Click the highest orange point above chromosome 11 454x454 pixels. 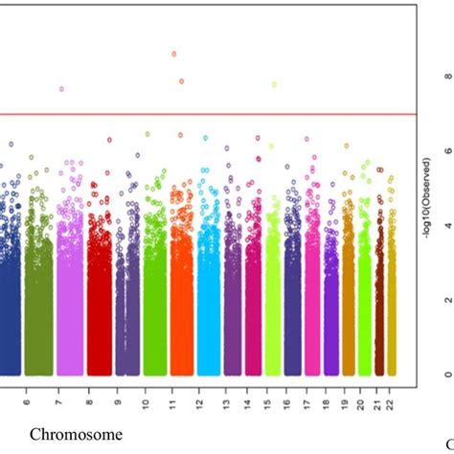(173, 54)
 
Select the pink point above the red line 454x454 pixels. (61, 89)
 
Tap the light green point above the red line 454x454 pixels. (274, 84)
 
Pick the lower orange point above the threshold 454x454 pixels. (181, 81)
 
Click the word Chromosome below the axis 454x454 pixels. (76, 435)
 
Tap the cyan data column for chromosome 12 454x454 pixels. (209, 306)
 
